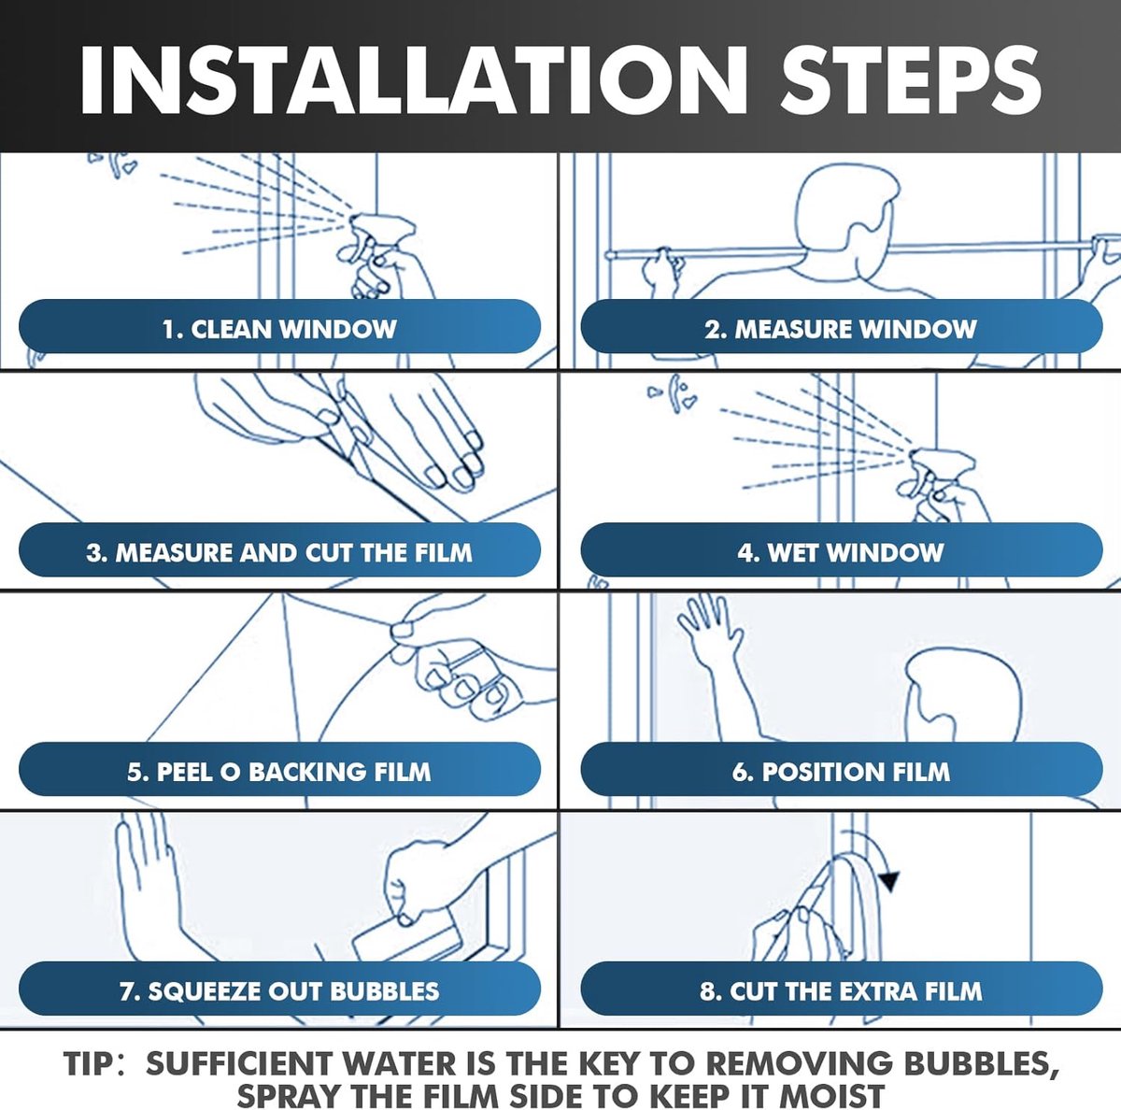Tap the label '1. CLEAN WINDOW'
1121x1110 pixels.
280,330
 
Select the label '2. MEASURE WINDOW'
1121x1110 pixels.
841,330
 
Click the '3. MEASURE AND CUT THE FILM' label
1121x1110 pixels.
280,552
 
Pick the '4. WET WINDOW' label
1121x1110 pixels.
841,552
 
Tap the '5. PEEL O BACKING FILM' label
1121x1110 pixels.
280,773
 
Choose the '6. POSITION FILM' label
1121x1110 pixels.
841,773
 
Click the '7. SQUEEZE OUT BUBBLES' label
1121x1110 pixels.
280,990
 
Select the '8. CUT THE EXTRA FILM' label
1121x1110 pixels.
841,990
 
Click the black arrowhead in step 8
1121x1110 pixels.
888,881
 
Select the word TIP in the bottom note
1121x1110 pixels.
89,1063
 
